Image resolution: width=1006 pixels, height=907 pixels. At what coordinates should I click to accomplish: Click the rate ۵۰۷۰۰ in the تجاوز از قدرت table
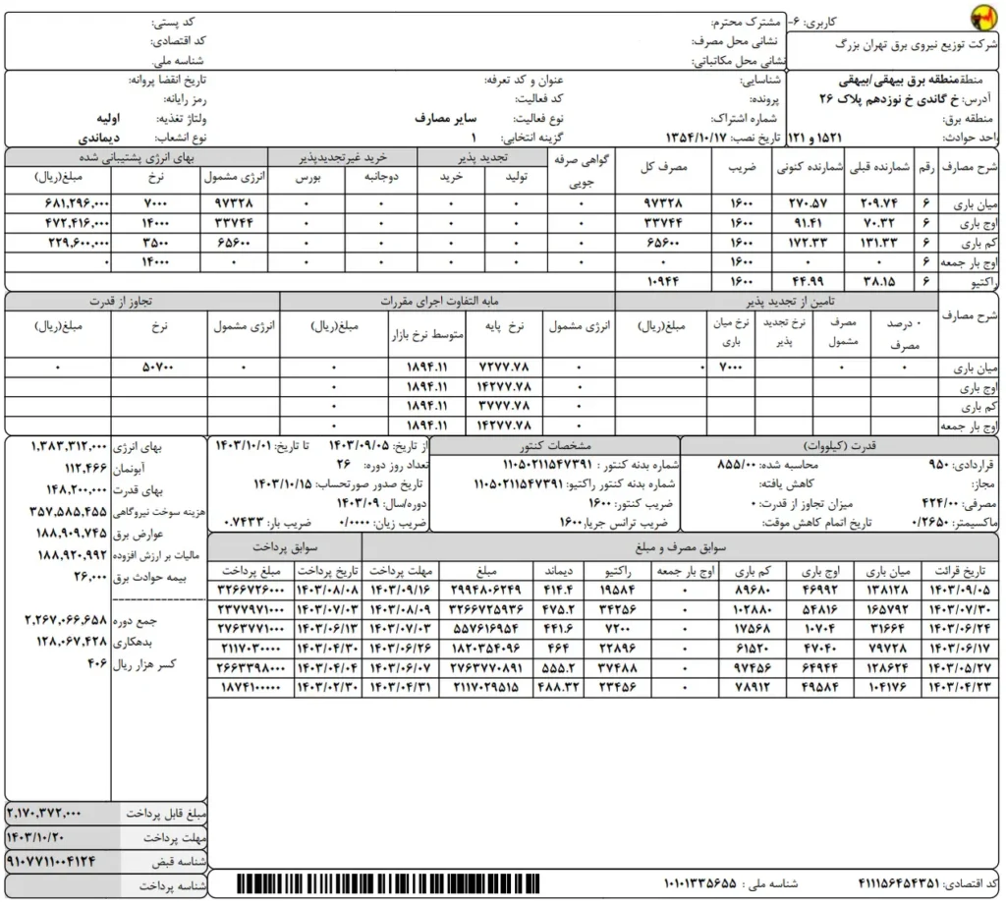tap(157, 368)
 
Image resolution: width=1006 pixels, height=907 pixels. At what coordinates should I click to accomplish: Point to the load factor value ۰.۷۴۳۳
tap(241, 520)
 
